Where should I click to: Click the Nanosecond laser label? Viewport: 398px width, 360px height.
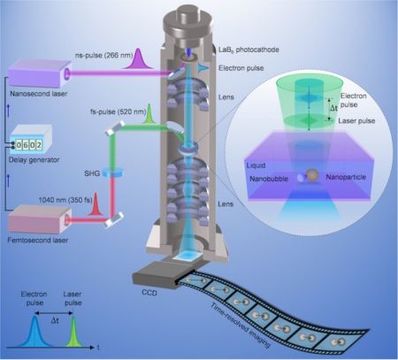pos(39,94)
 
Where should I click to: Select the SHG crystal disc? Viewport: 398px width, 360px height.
pos(113,173)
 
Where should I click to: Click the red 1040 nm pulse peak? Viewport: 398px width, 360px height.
pos(96,203)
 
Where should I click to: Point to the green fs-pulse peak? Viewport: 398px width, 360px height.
pos(149,113)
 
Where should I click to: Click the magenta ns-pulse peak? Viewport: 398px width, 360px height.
pos(138,58)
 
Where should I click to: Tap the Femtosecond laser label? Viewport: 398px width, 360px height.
pos(38,240)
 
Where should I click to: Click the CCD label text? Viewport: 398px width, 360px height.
pos(149,293)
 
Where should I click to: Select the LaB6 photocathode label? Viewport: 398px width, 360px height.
pos(249,50)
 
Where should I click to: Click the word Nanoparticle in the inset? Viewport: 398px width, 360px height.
pos(346,177)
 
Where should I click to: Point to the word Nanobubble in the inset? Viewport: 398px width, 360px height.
pos(269,179)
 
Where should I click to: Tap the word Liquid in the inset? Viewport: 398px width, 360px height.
pos(256,165)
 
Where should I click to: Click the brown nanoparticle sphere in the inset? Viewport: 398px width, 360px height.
pos(312,175)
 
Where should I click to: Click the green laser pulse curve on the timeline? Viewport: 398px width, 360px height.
pos(73,331)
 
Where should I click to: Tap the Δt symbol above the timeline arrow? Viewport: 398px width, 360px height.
pos(55,320)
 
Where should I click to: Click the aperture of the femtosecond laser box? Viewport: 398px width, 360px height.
pos(67,220)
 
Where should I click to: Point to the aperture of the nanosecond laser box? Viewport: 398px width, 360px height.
pos(67,74)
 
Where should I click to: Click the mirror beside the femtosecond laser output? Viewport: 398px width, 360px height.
pos(113,220)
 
